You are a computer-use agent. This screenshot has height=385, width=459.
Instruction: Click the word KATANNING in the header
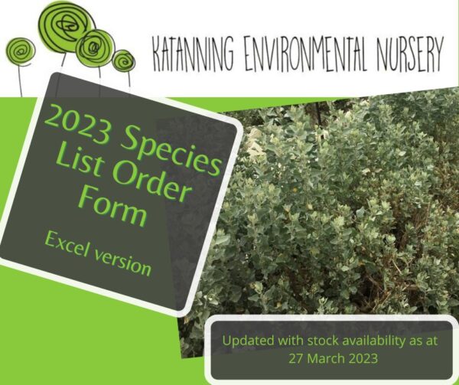194,54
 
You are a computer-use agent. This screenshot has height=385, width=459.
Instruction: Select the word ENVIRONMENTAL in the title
306,54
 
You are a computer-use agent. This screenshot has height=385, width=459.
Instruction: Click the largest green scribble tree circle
67,27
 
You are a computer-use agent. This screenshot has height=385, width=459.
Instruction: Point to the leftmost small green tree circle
21,51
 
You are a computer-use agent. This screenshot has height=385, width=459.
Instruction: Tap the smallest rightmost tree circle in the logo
123,61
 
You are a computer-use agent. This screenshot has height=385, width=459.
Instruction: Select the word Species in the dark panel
171,151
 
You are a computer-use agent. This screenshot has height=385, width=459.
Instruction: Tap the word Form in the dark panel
113,207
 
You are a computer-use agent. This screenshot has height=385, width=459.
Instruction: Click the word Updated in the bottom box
249,341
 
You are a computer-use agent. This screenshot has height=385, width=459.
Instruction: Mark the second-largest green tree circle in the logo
95,47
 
